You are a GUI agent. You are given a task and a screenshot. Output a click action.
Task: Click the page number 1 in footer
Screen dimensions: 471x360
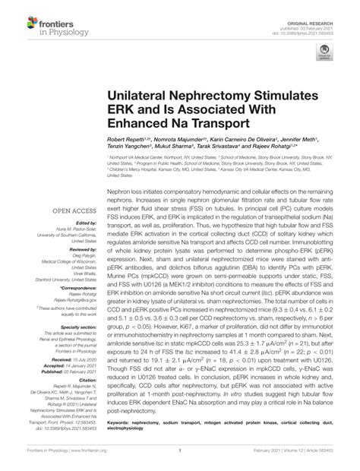tap(180, 460)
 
